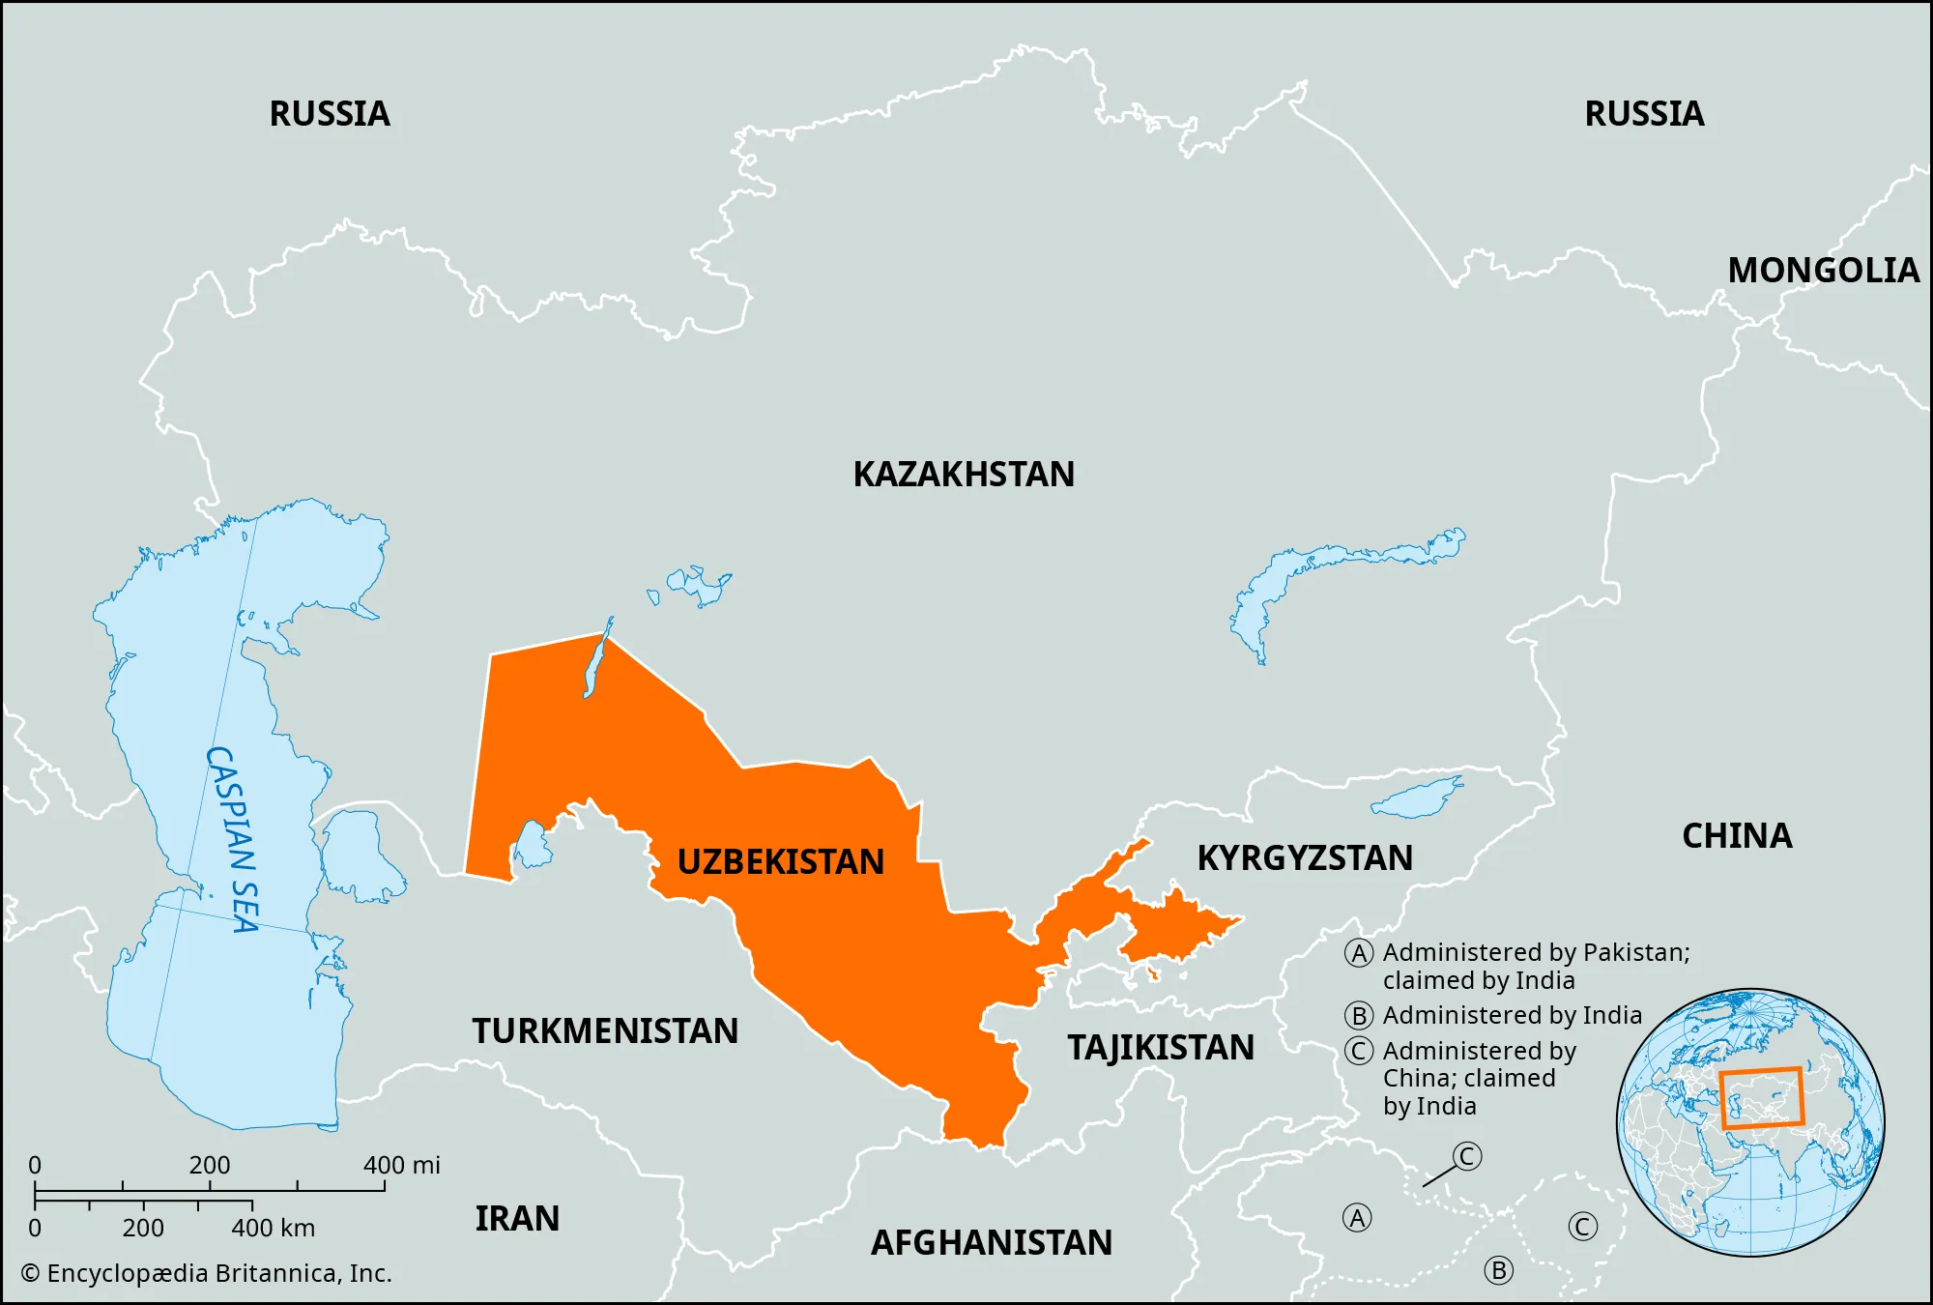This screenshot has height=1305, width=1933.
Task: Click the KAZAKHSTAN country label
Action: tap(963, 475)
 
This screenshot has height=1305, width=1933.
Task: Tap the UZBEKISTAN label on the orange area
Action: tap(780, 861)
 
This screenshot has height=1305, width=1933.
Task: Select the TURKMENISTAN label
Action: tap(605, 1030)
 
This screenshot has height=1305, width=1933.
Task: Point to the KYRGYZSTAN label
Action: tap(1305, 857)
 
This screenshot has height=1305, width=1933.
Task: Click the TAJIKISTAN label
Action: tap(1161, 1048)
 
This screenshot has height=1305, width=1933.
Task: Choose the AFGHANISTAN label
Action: tap(992, 1242)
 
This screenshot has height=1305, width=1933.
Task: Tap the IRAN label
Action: tap(517, 1218)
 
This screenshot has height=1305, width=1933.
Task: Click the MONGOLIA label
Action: tap(1823, 270)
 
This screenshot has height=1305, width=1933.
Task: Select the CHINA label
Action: tap(1737, 835)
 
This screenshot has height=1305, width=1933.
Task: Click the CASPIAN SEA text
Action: tap(233, 839)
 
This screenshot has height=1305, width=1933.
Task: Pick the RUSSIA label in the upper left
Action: tap(330, 113)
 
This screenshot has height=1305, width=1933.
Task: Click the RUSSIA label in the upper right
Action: tap(1644, 113)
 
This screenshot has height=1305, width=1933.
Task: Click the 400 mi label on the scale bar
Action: tap(401, 1165)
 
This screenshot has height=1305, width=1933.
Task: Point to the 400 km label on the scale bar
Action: tap(273, 1228)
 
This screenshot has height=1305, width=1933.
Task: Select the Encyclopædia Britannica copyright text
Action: tap(207, 1273)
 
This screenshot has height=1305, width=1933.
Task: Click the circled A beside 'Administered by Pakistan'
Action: tap(1359, 953)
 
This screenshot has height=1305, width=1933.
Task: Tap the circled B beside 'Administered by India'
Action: tap(1359, 1016)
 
